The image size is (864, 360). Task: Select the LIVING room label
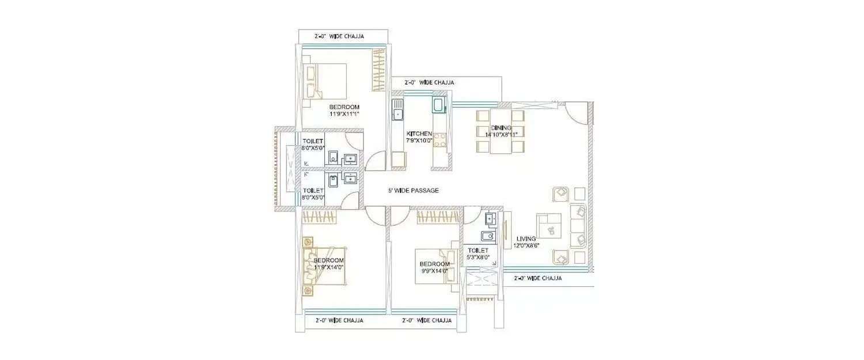526,238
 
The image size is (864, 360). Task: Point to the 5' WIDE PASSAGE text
412,191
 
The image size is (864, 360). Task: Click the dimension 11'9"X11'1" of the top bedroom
344,114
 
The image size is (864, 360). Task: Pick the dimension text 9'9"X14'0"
434,271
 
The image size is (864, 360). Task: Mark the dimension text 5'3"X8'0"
478,257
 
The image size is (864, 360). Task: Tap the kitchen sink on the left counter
397,110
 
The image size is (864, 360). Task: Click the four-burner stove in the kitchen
440,139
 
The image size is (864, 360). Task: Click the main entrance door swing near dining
577,112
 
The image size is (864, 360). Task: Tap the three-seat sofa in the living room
579,225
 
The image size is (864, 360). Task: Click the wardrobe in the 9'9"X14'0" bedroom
436,217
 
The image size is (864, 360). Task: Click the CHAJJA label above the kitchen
429,82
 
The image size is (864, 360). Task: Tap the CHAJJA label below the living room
537,278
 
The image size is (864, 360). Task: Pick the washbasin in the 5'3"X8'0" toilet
490,218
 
